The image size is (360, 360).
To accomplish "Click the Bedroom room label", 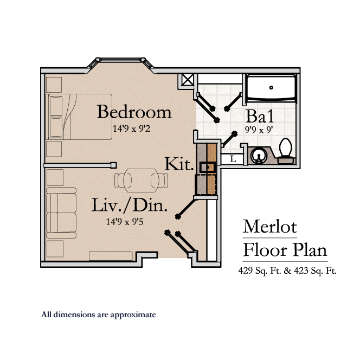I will (x=134, y=112).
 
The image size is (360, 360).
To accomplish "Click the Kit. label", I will (x=179, y=164).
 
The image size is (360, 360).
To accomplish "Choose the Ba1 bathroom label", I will (x=259, y=116).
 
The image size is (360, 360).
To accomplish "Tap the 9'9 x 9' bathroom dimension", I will (x=259, y=130).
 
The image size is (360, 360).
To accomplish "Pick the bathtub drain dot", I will (x=271, y=87).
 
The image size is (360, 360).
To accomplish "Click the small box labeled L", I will (x=233, y=159).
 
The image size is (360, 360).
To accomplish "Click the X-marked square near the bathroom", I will (x=187, y=80).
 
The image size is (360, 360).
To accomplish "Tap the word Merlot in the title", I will (x=269, y=226).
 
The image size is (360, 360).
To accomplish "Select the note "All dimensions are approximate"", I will (x=99, y=314).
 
